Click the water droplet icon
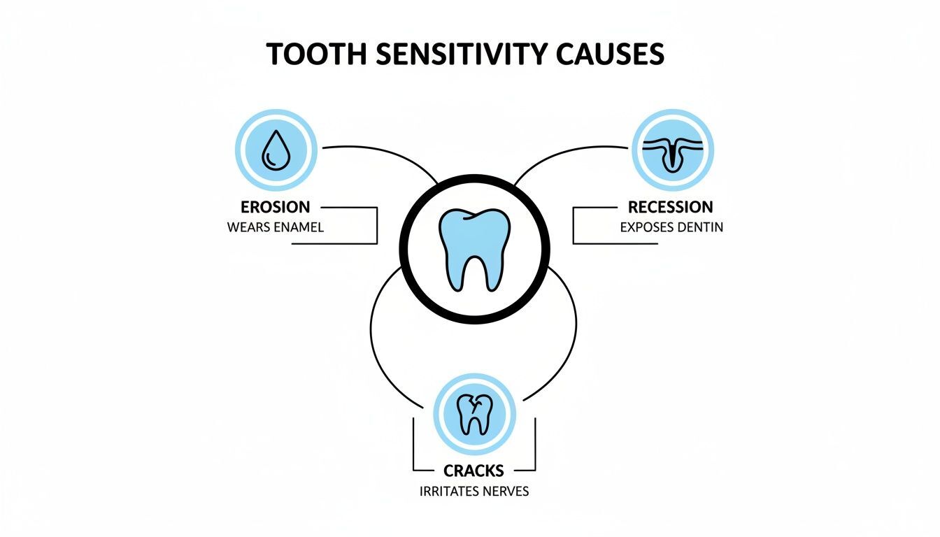pos(276,150)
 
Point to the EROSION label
pos(275,207)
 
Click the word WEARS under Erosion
pos(249,227)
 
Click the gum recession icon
pos(672,150)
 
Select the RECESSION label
pos(670,207)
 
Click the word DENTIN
pos(701,227)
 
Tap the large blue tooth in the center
pos(475,248)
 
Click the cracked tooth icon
pos(474,413)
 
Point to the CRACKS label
pos(474,470)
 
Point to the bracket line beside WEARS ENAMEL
pos(377,225)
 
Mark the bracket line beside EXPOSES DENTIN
pos(573,225)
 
